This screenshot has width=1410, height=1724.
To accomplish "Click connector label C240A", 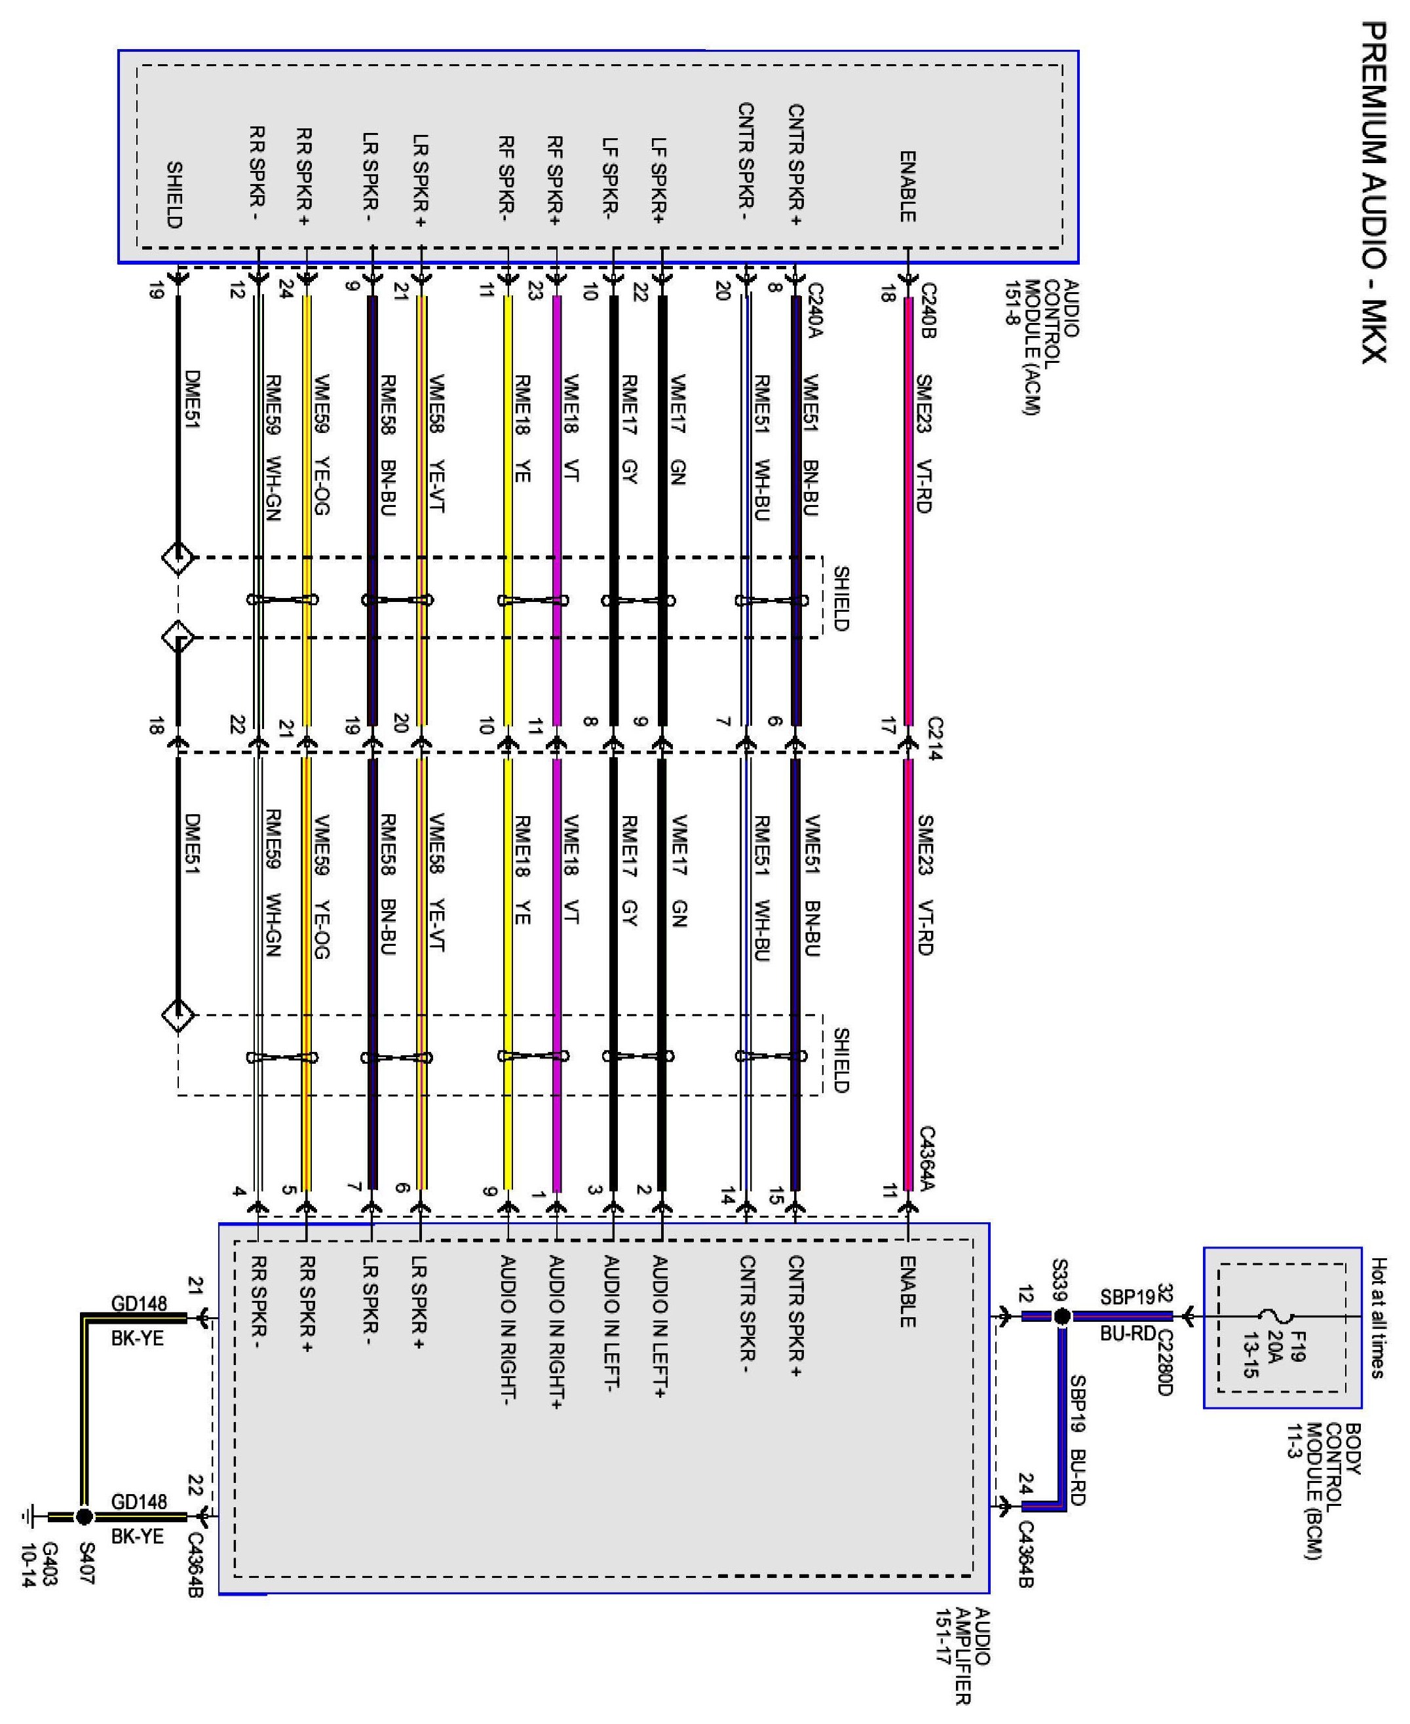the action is coord(816,310).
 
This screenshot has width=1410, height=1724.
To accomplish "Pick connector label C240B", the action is coord(928,310).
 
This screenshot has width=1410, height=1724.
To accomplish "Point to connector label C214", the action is coord(934,738).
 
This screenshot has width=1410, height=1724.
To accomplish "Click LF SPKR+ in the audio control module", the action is coord(658,181).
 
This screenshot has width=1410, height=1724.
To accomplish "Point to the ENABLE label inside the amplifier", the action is coord(907,1291).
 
